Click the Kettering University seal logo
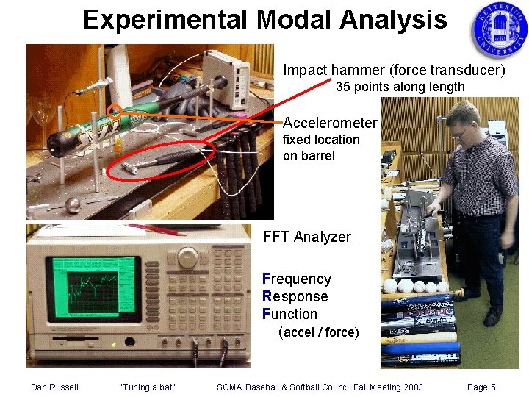[x=498, y=30]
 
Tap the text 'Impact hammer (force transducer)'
[x=394, y=71]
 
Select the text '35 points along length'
[x=400, y=87]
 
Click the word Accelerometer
[x=330, y=123]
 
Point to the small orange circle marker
[x=114, y=112]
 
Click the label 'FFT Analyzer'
[x=307, y=237]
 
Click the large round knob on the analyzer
[x=188, y=257]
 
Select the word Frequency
[x=297, y=279]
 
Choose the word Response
[x=295, y=296]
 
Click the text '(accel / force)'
[x=319, y=332]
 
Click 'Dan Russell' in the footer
[x=54, y=387]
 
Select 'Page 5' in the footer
[x=481, y=387]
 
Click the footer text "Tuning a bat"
[x=147, y=387]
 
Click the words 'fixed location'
[x=321, y=140]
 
